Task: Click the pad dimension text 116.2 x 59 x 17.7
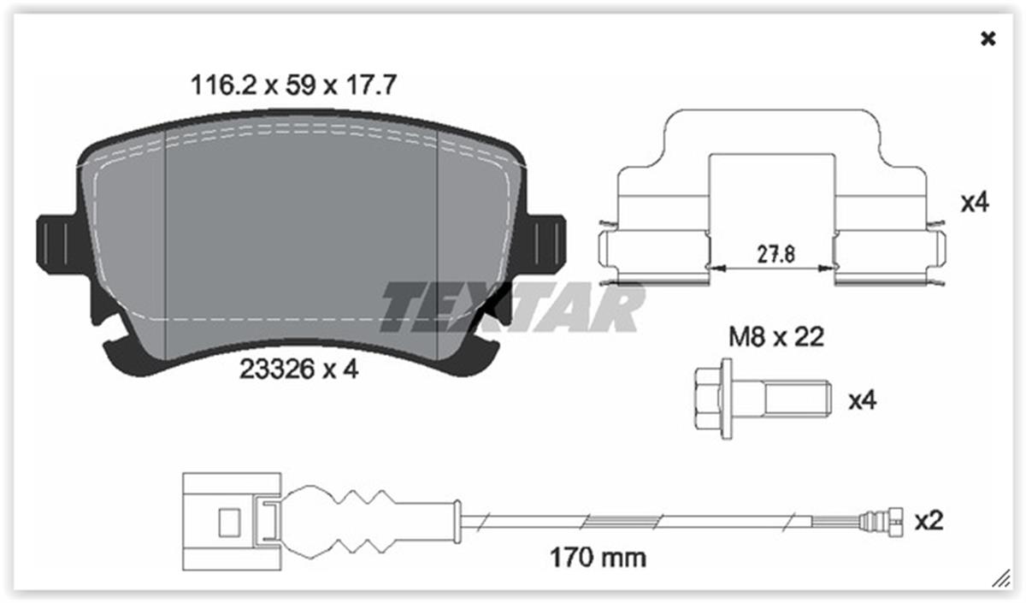point(293,86)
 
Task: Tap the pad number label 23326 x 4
point(298,369)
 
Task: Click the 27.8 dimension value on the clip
point(776,255)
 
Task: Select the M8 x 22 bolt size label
point(776,337)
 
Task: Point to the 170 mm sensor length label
point(598,558)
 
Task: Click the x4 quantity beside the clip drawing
point(975,203)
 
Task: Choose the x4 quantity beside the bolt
point(863,400)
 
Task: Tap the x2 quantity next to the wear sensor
point(929,521)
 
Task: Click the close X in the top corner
point(988,39)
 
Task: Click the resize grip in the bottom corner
point(1001,578)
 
